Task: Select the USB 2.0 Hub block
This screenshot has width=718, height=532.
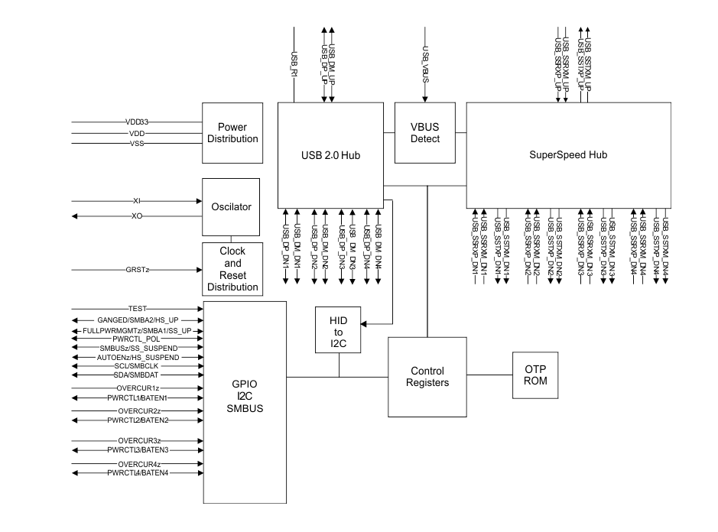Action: [x=330, y=155]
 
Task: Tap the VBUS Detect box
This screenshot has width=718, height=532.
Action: [x=425, y=133]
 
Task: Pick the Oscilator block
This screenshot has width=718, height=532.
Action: [x=230, y=206]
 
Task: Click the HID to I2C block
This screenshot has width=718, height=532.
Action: [x=340, y=331]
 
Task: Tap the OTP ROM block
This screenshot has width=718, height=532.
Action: [x=536, y=375]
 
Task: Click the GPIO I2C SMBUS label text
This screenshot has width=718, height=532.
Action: [x=245, y=398]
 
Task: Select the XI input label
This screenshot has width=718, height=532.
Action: [x=137, y=200]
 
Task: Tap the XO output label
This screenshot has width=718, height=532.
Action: [x=137, y=216]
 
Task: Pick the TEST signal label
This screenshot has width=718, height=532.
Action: [x=138, y=308]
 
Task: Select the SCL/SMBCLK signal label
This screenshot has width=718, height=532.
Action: [x=138, y=366]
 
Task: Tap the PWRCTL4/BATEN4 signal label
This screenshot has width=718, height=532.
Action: [x=138, y=472]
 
